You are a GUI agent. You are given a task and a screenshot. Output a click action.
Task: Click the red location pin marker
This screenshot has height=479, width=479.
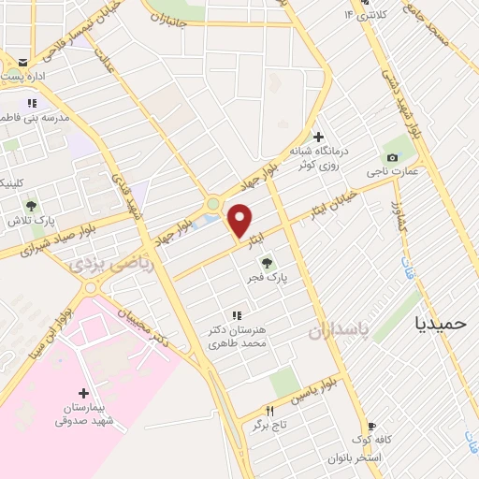(x=240, y=220)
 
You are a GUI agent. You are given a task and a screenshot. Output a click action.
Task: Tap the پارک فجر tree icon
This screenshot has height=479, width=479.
(x=268, y=263)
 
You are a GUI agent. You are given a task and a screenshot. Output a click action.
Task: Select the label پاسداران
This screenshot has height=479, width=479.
(x=334, y=329)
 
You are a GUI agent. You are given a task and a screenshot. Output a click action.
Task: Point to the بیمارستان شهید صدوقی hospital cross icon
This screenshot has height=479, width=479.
(x=83, y=393)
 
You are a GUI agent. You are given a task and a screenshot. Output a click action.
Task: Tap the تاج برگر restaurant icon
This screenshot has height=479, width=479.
(x=270, y=410)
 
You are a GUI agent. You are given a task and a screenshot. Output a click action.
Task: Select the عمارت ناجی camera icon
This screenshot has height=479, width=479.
(x=391, y=156)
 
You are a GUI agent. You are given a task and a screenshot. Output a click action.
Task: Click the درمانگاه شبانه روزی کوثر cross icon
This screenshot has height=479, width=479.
(x=318, y=138)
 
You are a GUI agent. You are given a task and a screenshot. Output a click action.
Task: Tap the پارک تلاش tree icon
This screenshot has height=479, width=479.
(x=31, y=206)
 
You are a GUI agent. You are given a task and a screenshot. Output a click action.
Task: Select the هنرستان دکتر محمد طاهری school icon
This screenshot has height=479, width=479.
(x=238, y=315)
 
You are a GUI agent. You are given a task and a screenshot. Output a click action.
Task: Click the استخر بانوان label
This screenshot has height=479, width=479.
(x=352, y=457)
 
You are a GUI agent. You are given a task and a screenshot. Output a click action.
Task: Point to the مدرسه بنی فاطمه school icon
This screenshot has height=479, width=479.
(x=32, y=104)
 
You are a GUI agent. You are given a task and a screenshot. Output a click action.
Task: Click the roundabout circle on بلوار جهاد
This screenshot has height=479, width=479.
(x=214, y=203)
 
